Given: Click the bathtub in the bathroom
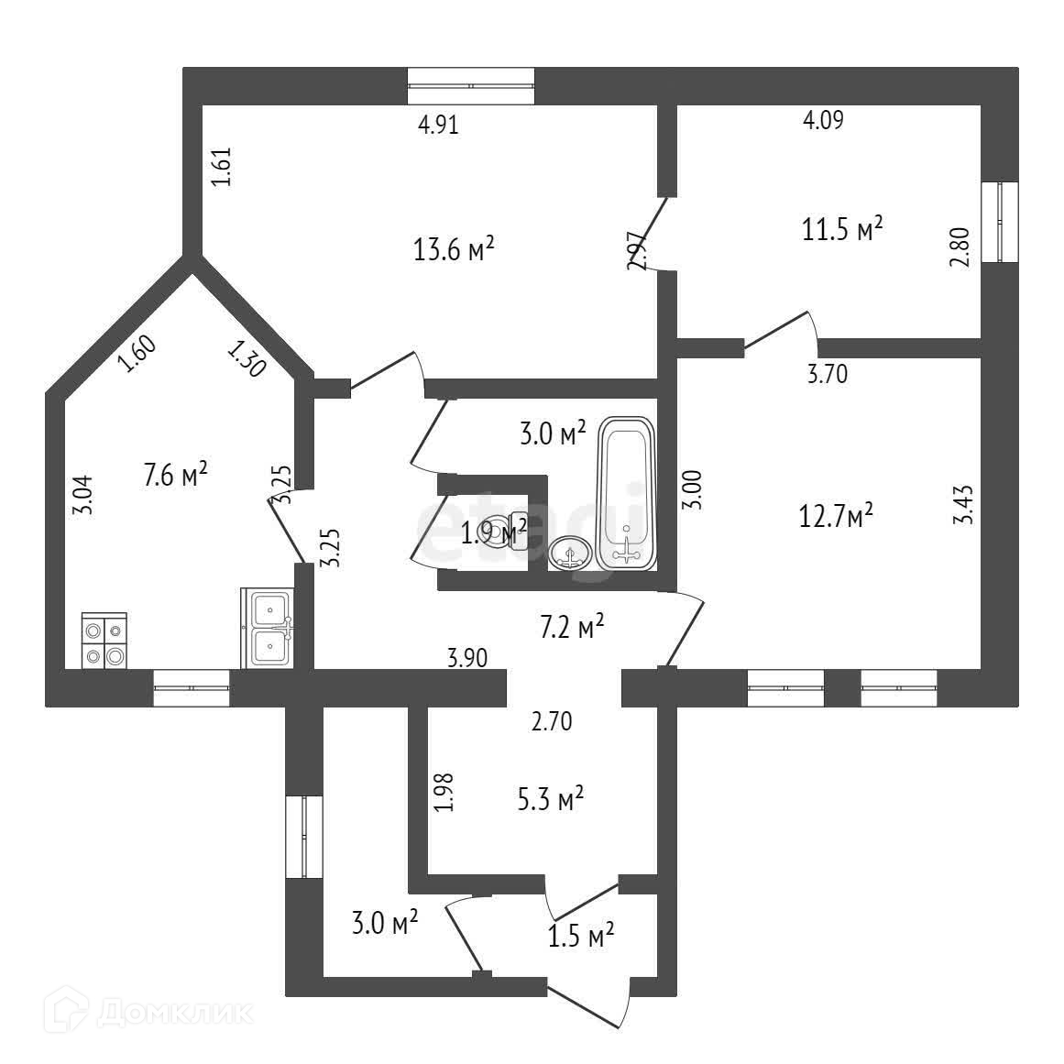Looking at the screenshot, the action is pyautogui.click(x=627, y=495).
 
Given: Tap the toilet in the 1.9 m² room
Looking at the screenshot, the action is pyautogui.click(x=503, y=531).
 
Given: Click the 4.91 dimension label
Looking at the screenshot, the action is pyautogui.click(x=438, y=125).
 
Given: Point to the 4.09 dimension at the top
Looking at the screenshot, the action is pyautogui.click(x=823, y=118).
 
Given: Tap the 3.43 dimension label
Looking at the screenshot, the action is pyautogui.click(x=963, y=504).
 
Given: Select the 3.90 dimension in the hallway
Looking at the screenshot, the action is pyautogui.click(x=466, y=656).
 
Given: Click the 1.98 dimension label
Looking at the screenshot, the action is pyautogui.click(x=444, y=793).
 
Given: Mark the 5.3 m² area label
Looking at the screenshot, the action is pyautogui.click(x=552, y=799).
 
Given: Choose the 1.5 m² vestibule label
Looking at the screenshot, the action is pyautogui.click(x=580, y=936).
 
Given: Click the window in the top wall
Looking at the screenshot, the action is pyautogui.click(x=471, y=86).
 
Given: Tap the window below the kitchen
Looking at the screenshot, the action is pyautogui.click(x=191, y=687).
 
